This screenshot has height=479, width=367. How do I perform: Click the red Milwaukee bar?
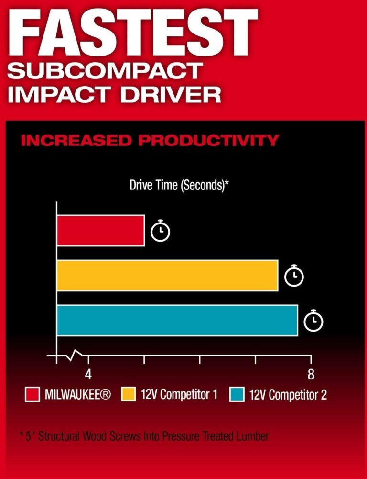pos(101,231)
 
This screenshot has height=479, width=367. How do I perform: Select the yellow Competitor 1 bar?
pos(167,276)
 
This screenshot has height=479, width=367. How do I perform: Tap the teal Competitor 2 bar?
pos(177,321)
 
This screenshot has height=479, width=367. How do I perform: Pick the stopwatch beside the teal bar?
pos(313,321)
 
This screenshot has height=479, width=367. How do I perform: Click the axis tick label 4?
pos(88,374)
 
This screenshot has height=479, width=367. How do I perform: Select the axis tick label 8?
pos(311,374)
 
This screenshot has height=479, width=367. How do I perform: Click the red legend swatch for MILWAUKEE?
pos(32,394)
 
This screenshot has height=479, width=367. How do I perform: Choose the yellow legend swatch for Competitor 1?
pos(129,394)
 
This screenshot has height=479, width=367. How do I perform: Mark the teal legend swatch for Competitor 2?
pos(237,394)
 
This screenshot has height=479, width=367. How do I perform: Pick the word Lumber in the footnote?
pos(253,436)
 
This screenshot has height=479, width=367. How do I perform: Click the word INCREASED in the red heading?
pos(76,141)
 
